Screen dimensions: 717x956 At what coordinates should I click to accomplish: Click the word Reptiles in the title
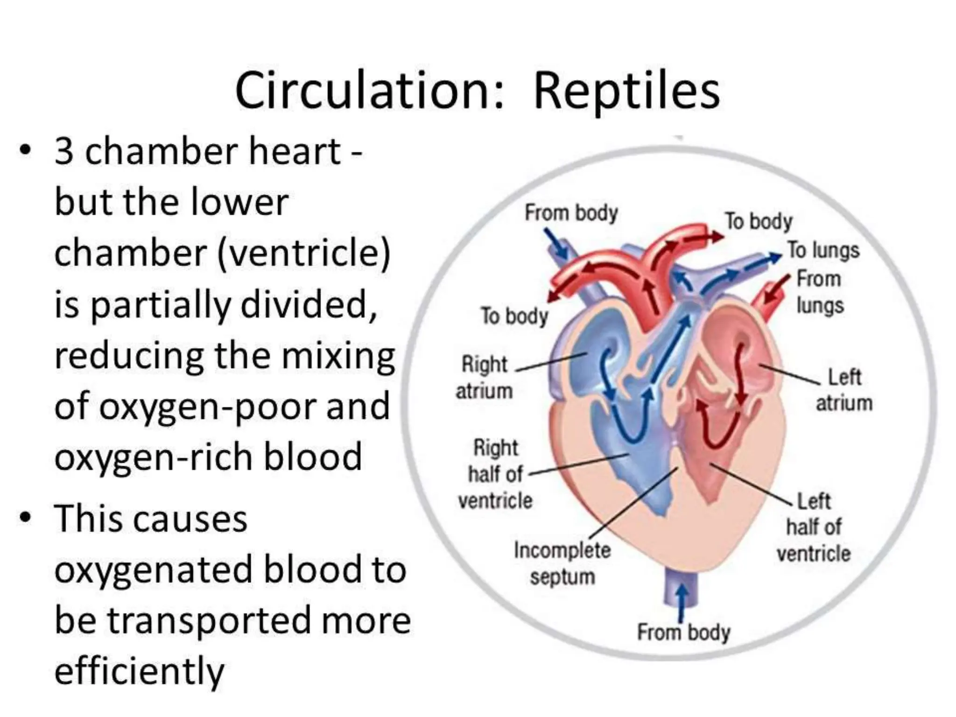[x=626, y=92]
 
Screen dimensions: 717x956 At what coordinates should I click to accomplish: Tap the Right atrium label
[x=484, y=377]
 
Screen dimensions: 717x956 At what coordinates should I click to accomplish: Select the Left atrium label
[x=844, y=390]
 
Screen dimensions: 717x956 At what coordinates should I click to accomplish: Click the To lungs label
[x=823, y=250]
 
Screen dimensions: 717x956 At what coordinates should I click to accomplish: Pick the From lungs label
[x=820, y=292]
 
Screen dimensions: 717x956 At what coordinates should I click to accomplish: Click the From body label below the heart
[x=683, y=633]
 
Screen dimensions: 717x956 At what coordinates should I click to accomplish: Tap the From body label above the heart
[x=571, y=213]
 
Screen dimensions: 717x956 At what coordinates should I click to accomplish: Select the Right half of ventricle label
[x=496, y=474]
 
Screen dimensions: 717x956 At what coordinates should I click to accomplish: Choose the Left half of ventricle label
[x=814, y=527]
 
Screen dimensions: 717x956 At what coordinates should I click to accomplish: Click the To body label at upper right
[x=759, y=221]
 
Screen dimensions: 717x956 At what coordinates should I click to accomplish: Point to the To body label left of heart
[x=514, y=316]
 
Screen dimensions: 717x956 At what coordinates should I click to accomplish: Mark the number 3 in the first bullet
[x=64, y=152]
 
